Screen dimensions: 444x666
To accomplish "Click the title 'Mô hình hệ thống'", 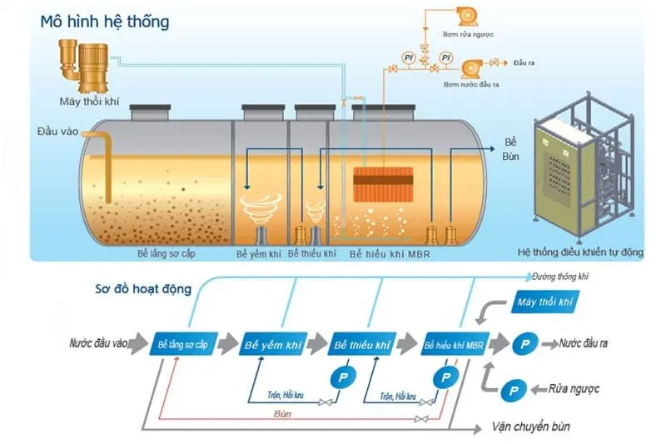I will click(x=105, y=21).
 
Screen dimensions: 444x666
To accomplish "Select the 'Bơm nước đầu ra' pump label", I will click(x=471, y=84).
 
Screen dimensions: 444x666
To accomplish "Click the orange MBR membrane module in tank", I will click(x=383, y=185).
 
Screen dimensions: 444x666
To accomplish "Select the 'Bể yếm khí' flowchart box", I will click(x=271, y=344).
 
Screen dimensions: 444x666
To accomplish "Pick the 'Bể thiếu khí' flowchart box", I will click(x=360, y=344).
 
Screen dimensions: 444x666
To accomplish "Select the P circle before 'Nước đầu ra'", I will click(x=524, y=343).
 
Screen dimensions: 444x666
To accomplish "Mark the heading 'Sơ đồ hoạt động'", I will click(x=142, y=289).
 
